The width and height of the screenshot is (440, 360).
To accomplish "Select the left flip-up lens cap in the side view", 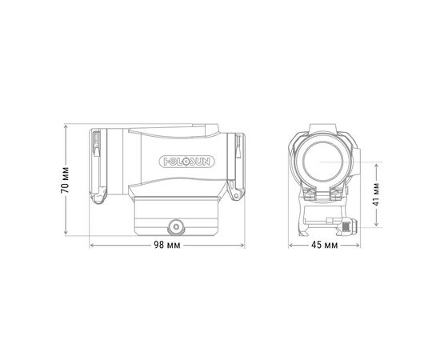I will click(x=98, y=166).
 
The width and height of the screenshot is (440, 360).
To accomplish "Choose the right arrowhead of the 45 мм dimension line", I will click(x=357, y=246).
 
